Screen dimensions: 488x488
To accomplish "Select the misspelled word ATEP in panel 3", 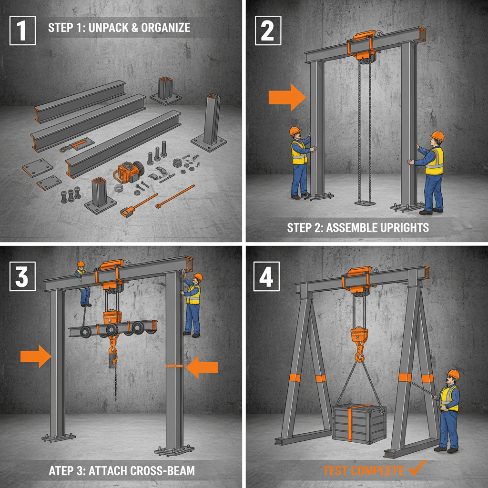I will pyautogui.click(x=62, y=471).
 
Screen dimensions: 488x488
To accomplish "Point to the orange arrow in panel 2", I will pyautogui.click(x=286, y=97).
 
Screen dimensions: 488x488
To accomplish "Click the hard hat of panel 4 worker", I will pyautogui.click(x=453, y=375).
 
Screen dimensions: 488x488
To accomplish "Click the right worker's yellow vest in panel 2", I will pyautogui.click(x=435, y=161).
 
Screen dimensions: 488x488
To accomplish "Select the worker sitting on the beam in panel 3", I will pyautogui.click(x=82, y=284).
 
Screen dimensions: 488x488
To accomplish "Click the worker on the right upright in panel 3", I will pyautogui.click(x=193, y=303).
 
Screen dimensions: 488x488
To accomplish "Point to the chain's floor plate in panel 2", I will pyautogui.click(x=365, y=203).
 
